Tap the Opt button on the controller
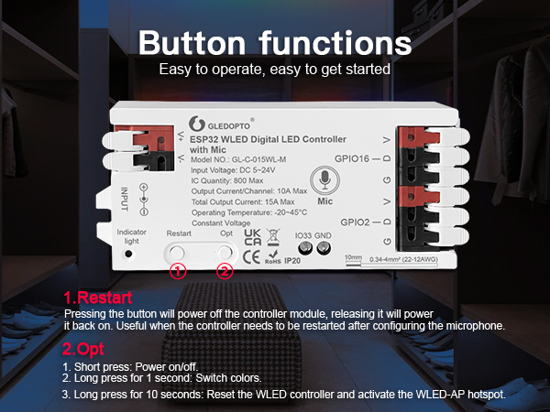(225, 251)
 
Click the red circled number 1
(179, 271)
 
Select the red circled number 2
(225, 271)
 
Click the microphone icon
(324, 179)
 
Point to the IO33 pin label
(303, 236)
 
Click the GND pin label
(323, 236)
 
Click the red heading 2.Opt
(84, 349)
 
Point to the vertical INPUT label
(123, 197)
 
